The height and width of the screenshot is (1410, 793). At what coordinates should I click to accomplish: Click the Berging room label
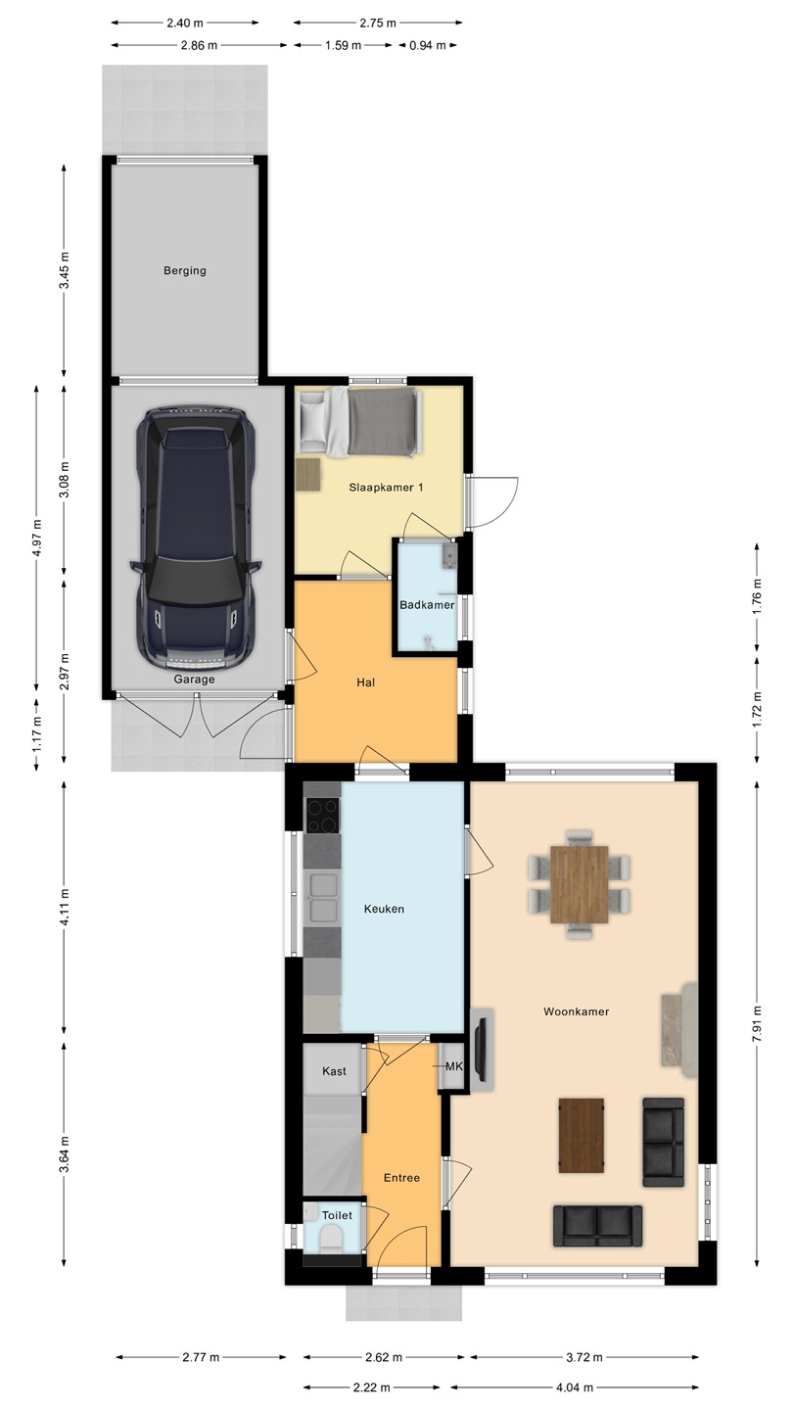click(x=184, y=270)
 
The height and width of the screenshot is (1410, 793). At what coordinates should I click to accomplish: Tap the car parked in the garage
click(x=195, y=539)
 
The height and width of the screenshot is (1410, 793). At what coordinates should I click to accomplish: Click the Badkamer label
click(x=427, y=605)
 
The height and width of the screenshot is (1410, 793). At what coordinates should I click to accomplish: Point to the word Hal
click(x=366, y=682)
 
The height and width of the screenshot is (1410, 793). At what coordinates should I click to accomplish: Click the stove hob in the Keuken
click(x=323, y=816)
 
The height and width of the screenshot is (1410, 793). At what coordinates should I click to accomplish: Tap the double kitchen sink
click(x=322, y=898)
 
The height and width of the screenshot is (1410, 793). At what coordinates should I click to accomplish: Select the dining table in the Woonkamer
click(x=579, y=884)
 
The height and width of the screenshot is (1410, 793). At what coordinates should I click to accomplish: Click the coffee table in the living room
click(x=582, y=1136)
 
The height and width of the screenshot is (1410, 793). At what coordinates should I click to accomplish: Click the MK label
click(x=454, y=1066)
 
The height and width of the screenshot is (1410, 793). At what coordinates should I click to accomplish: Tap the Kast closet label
click(x=334, y=1071)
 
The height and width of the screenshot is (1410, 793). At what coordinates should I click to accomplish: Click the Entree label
click(x=401, y=1178)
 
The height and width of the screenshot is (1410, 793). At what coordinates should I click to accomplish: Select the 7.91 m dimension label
click(x=757, y=1023)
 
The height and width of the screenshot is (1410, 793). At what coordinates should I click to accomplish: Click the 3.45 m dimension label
click(x=65, y=270)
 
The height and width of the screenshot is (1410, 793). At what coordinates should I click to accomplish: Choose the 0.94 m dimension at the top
click(x=427, y=45)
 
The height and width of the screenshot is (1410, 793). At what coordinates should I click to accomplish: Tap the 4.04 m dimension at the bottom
click(x=575, y=1387)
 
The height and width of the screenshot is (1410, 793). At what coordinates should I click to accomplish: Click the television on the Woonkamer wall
click(x=482, y=1050)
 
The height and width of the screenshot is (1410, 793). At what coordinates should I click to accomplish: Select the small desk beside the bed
click(x=308, y=475)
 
